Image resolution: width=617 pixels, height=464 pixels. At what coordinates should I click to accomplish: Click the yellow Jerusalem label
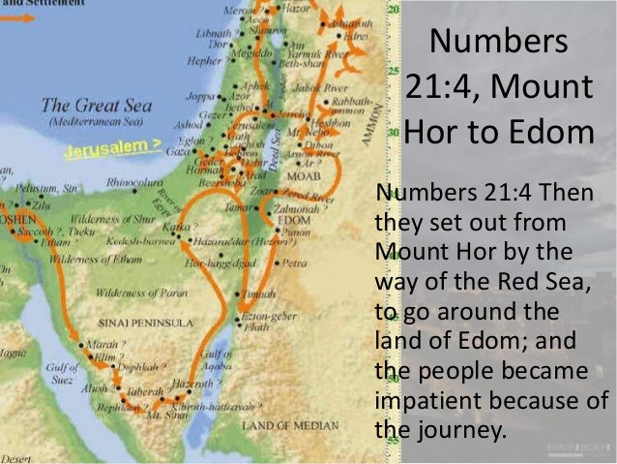click(x=112, y=151)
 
